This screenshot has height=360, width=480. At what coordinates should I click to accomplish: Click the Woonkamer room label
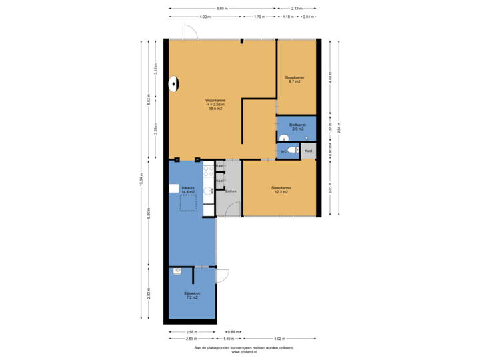pos(215,104)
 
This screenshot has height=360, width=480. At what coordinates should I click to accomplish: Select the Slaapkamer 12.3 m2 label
pos(281,189)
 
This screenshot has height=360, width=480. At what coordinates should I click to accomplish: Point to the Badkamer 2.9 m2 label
pos(298,126)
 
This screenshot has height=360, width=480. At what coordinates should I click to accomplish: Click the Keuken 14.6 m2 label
pos(188,190)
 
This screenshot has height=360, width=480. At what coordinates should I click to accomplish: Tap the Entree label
pos(231,191)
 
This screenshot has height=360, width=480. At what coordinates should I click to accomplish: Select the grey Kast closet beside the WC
pos(308,151)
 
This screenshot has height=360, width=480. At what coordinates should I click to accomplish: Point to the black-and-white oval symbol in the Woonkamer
pos(174,83)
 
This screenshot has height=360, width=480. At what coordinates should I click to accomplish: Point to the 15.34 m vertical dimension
pos(140,180)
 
